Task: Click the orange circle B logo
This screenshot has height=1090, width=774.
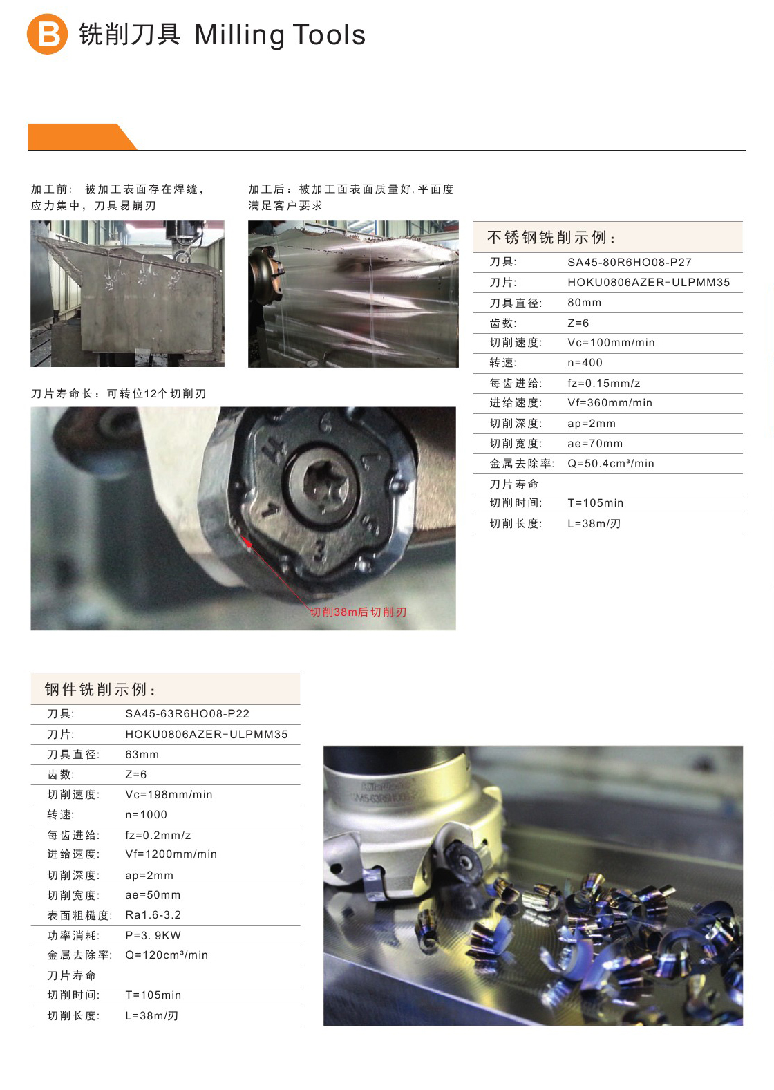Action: [x=47, y=34]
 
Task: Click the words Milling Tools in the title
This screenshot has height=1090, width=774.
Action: [x=280, y=35]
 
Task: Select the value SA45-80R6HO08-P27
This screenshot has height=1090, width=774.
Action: [x=630, y=262]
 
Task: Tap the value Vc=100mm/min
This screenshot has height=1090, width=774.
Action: [x=611, y=343]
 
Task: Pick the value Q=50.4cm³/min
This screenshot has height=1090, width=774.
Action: [x=610, y=463]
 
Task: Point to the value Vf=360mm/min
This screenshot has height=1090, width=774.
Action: [x=610, y=403]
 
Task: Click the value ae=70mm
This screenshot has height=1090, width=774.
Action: [x=595, y=443]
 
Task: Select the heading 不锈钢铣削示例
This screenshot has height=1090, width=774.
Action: [x=551, y=238]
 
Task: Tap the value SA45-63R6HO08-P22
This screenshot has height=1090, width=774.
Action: [x=187, y=714]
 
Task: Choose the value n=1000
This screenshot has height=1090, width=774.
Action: [x=146, y=815]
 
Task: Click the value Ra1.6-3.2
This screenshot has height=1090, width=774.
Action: [x=153, y=915]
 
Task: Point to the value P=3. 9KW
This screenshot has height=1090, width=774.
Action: [x=153, y=935]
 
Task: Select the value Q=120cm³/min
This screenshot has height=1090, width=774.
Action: [x=167, y=955]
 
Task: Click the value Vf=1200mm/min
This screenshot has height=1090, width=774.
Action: [x=171, y=854]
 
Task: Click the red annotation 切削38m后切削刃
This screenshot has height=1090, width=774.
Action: [x=359, y=612]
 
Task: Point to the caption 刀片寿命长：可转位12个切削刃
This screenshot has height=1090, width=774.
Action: [x=119, y=394]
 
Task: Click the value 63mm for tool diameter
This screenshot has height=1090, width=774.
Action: [x=142, y=755]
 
